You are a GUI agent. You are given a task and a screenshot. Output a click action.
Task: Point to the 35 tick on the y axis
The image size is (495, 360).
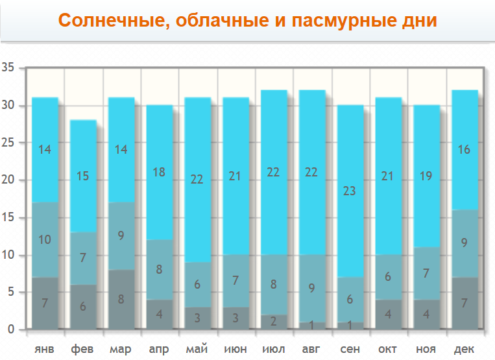click(x=8, y=67)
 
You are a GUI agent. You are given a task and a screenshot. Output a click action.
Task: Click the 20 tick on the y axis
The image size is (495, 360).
click(x=8, y=180)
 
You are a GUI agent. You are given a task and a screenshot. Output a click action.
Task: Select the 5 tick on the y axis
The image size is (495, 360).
click(x=11, y=293)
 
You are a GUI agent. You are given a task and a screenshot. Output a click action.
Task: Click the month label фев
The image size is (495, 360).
click(x=82, y=350)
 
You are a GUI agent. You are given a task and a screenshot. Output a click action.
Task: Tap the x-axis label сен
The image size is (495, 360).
click(x=350, y=350)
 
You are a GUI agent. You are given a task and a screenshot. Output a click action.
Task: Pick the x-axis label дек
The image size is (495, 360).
click(x=464, y=350)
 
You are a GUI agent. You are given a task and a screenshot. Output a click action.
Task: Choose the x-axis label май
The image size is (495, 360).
click(x=197, y=350)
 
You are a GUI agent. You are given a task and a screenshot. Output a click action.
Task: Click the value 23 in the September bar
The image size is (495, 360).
click(x=350, y=191)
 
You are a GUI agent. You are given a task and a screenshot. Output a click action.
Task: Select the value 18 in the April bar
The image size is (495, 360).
click(x=158, y=172)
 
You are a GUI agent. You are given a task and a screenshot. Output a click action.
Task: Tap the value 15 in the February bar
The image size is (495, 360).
click(x=82, y=175)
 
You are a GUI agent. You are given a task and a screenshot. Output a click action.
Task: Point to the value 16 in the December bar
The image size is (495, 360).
click(x=465, y=149)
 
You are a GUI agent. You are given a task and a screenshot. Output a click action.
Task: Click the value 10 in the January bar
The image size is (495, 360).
click(x=44, y=240)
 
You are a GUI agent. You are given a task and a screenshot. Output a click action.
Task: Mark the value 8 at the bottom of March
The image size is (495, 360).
click(x=121, y=300)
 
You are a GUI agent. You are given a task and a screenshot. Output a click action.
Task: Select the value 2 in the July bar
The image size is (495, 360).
click(x=273, y=320)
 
